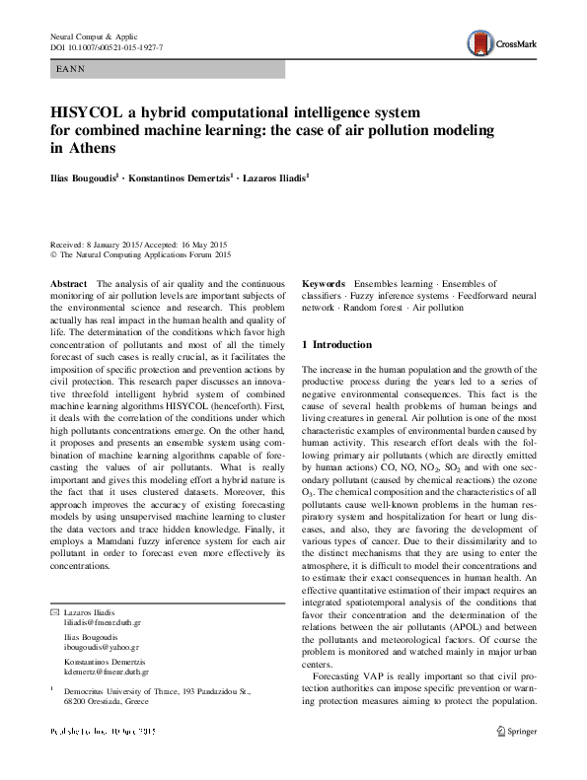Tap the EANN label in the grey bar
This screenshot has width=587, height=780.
(x=72, y=70)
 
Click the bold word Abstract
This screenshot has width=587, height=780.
(x=68, y=284)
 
